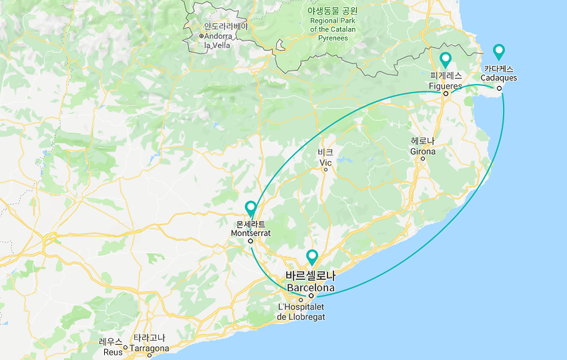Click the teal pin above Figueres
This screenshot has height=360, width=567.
[445, 59]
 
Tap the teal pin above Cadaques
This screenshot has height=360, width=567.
[498, 51]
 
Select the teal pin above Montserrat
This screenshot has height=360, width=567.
[250, 208]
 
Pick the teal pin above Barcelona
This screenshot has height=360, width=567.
[312, 256]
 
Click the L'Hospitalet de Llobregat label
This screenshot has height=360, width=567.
[301, 312]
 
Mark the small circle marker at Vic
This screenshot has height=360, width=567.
[325, 170]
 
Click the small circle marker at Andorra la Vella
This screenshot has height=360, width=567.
[201, 35]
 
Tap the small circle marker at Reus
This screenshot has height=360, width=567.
[125, 347]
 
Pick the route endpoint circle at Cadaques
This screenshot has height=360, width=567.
[499, 88]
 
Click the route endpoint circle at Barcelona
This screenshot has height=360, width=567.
[311, 295]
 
